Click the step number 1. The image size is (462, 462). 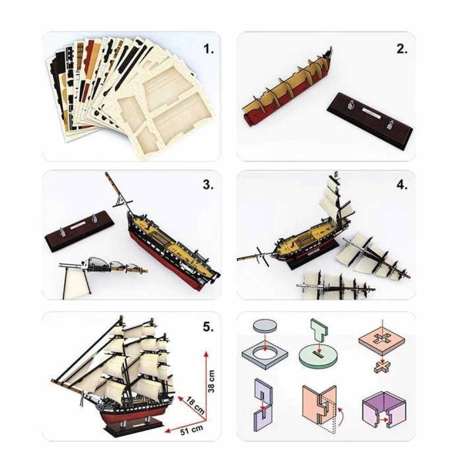coord(209,49)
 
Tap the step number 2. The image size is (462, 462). coord(402,49)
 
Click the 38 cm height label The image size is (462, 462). coord(211,381)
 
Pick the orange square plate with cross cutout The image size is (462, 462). coord(382,342)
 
